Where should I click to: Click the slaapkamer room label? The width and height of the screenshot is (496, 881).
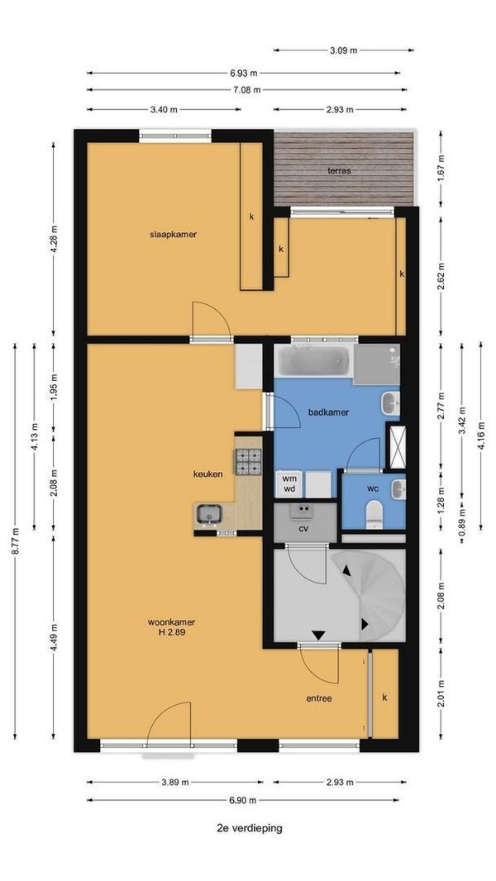tap(173, 234)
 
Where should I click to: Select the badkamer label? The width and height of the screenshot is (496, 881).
tap(329, 412)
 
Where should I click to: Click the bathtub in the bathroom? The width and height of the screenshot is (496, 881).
tap(313, 360)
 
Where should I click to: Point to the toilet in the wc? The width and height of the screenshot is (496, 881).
tap(374, 515)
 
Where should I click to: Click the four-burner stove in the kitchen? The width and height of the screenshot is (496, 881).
tap(248, 462)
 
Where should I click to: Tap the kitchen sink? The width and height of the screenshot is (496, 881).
tap(209, 514)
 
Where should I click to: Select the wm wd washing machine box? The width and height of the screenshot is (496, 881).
tap(289, 483)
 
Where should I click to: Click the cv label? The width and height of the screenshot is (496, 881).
tap(303, 528)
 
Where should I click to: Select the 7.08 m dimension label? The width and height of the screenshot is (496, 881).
tap(246, 89)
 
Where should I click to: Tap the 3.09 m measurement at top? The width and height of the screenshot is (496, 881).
tap(343, 50)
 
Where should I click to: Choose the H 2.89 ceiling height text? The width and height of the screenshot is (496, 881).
tap(172, 632)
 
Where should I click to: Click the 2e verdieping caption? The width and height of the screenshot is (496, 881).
tap(250, 827)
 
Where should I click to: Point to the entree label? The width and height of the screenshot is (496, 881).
tap(319, 699)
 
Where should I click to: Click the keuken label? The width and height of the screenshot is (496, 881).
tap(207, 474)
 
